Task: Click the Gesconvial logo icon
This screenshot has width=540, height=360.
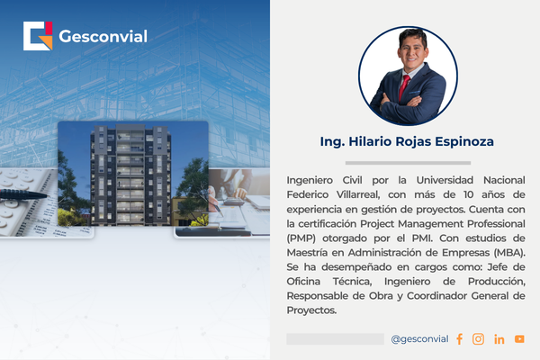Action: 37,36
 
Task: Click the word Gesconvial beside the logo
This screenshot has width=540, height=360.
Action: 103,37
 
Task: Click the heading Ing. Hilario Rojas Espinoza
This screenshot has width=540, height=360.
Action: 407,142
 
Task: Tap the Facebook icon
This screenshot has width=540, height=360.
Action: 459,339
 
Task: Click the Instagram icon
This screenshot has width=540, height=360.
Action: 479,339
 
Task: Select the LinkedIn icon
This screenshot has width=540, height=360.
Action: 499,339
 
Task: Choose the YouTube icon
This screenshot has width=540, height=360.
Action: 519,339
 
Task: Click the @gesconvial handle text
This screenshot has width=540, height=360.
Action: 419,339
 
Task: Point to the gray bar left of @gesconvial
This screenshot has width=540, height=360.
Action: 335,339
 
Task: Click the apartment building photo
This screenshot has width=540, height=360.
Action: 132,175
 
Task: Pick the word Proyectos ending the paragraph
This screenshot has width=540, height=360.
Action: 310,310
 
